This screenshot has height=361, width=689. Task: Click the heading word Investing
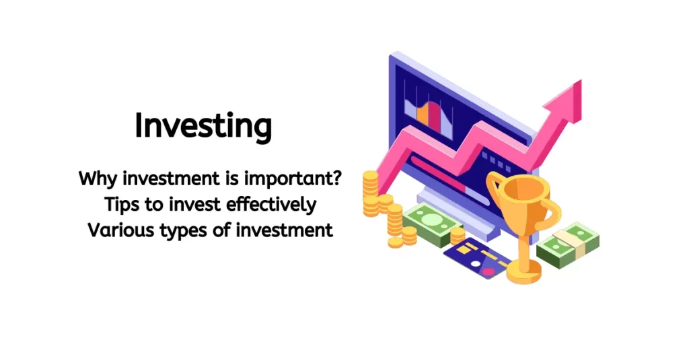[x=203, y=127]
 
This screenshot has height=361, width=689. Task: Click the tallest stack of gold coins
[x=370, y=193]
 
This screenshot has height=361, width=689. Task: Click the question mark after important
[x=336, y=179]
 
